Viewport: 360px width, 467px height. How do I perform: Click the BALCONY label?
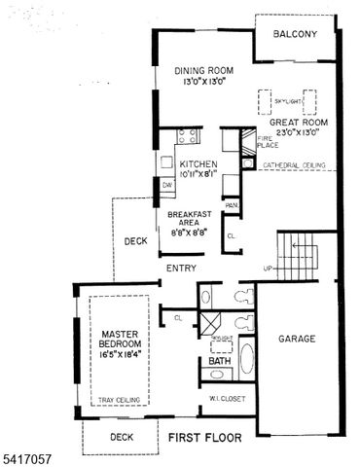click(295, 34)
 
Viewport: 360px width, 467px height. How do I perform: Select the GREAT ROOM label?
click(299, 123)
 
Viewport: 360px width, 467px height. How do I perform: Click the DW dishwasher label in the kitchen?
click(167, 184)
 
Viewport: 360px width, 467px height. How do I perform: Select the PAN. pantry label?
click(232, 205)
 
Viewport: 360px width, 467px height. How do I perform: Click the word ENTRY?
click(181, 269)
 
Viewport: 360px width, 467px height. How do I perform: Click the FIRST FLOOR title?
click(202, 438)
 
